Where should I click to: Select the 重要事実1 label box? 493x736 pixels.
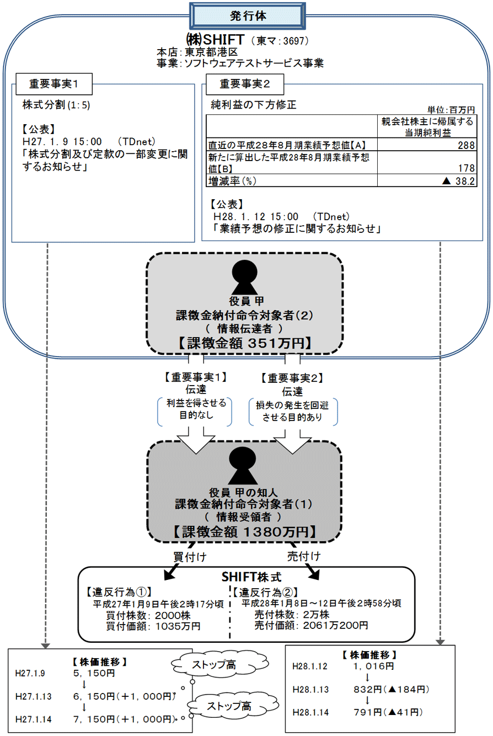[x=53, y=84]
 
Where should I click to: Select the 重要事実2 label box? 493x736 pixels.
[x=244, y=84]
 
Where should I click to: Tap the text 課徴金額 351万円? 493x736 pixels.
[x=244, y=343]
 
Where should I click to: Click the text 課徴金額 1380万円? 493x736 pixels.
[x=244, y=531]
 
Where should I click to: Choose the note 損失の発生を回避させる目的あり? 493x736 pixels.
[x=293, y=411]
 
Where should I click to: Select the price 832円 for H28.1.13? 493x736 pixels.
[x=368, y=689]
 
